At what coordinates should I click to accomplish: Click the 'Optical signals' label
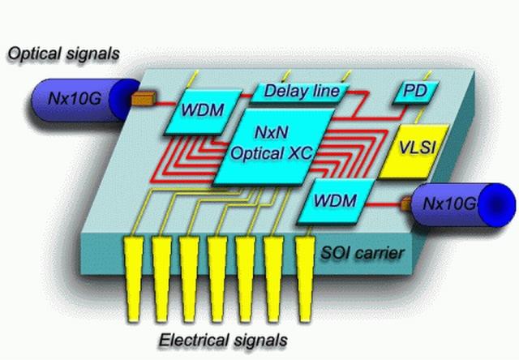point(63,54)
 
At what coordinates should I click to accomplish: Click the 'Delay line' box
point(301,91)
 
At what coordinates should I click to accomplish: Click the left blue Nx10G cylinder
point(78,100)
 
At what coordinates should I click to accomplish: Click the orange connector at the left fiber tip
point(144,101)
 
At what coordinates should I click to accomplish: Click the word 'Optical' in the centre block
point(254,152)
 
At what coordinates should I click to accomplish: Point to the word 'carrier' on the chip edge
point(382,254)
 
